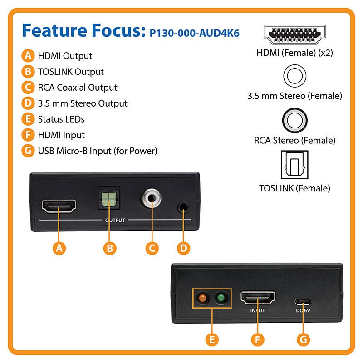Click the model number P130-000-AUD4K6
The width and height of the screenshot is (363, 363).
[195, 33]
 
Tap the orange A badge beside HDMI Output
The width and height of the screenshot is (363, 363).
[28, 55]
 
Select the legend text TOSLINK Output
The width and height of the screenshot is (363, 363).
[71, 72]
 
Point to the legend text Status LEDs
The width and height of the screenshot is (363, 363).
[61, 119]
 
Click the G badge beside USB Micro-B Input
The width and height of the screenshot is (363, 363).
[28, 151]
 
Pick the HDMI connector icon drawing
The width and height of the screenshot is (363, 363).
[294, 35]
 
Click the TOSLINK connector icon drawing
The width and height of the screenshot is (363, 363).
[294, 165]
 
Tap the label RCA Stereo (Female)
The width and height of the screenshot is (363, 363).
[294, 141]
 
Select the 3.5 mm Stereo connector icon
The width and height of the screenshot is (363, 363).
[294, 76]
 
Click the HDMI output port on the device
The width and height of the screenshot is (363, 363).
[59, 206]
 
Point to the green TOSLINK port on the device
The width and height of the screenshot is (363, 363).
[109, 199]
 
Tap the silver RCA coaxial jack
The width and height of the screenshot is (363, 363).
[152, 198]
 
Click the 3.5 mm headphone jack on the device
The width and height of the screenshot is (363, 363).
[183, 207]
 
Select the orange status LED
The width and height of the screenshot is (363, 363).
[202, 298]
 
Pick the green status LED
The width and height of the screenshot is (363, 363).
[221, 298]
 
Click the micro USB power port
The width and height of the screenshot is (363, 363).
[303, 302]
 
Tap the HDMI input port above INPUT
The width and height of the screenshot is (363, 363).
[258, 298]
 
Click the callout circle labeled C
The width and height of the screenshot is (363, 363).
[152, 248]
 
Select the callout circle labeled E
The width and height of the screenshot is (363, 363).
[212, 339]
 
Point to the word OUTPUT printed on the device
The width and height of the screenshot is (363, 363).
[115, 220]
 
